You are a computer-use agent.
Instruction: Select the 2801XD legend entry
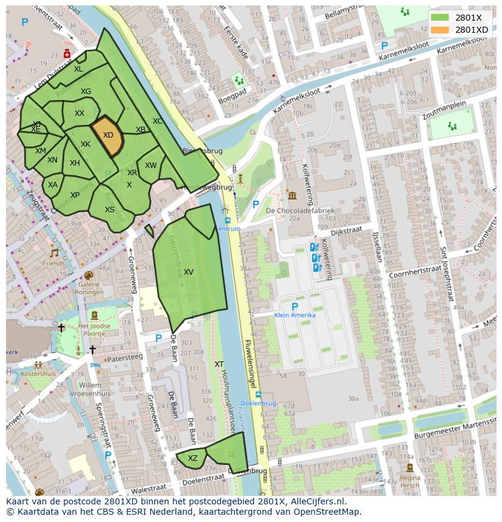471,29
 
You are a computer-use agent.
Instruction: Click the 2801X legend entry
468,18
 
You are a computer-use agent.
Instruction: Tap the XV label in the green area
189,272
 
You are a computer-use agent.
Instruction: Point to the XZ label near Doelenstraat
192,458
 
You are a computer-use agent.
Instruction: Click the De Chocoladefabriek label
300,210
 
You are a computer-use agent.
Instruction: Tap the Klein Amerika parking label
295,315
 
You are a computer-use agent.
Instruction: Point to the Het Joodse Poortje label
95,330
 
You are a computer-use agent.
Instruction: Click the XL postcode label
78,69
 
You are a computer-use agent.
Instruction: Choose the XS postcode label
110,210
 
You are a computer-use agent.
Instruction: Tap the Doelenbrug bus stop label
258,403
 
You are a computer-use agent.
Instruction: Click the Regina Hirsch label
410,481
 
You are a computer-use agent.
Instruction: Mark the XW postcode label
150,166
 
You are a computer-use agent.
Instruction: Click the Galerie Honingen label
89,288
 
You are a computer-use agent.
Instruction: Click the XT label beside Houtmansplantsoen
219,364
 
